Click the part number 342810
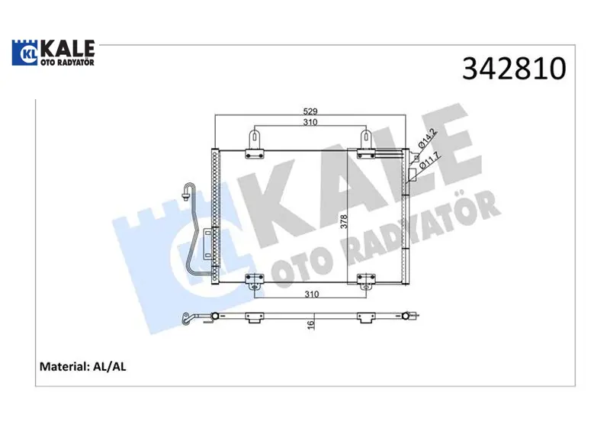point(514,69)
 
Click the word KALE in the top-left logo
point(68,49)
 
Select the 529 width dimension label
point(310,111)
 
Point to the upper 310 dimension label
point(310,122)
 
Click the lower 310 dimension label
point(312,294)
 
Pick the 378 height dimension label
point(344,221)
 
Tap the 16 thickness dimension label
point(310,325)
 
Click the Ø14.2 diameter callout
point(428,139)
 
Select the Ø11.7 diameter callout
point(429,160)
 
